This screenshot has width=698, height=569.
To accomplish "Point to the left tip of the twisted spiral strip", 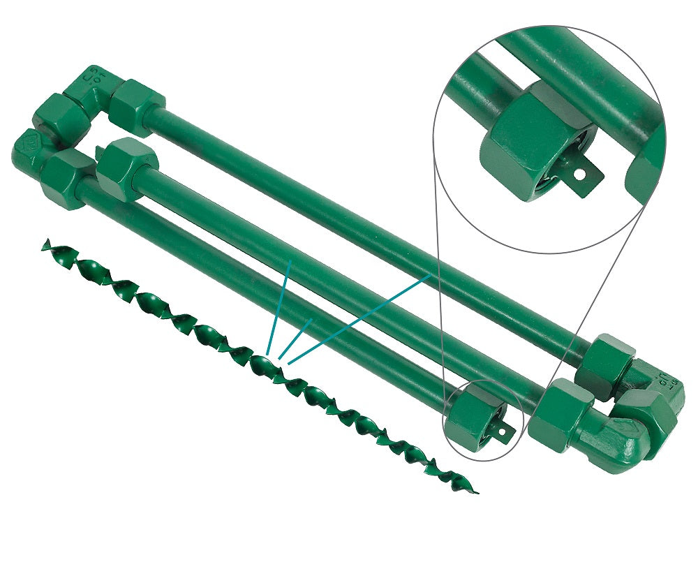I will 46,244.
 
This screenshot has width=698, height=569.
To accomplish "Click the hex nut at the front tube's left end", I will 66,178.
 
